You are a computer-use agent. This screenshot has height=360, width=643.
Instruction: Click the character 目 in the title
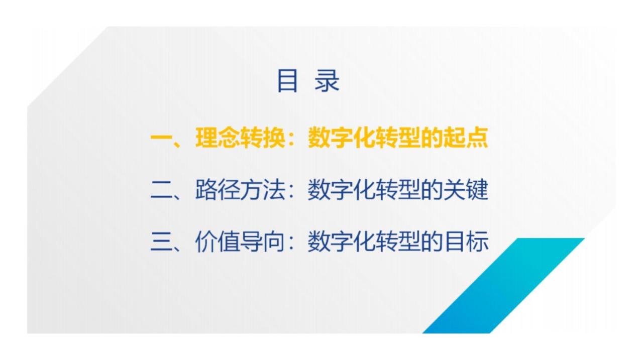287,81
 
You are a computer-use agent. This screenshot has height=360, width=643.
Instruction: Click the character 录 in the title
327,81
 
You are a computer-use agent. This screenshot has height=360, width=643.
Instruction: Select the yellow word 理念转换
240,138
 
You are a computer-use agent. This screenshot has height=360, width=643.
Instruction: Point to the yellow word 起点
465,138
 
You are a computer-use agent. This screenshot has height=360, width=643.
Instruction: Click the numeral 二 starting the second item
162,190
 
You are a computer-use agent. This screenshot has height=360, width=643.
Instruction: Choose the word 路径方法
240,190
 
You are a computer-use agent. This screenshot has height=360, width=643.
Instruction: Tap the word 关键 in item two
465,190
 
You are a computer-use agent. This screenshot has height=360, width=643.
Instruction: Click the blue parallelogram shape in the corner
503,286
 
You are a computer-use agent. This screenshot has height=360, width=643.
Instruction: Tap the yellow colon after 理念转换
293,140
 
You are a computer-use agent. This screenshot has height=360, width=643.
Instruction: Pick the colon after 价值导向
293,243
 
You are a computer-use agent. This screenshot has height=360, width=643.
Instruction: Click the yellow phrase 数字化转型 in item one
364,138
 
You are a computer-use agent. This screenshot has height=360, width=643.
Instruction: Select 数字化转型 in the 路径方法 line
364,190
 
